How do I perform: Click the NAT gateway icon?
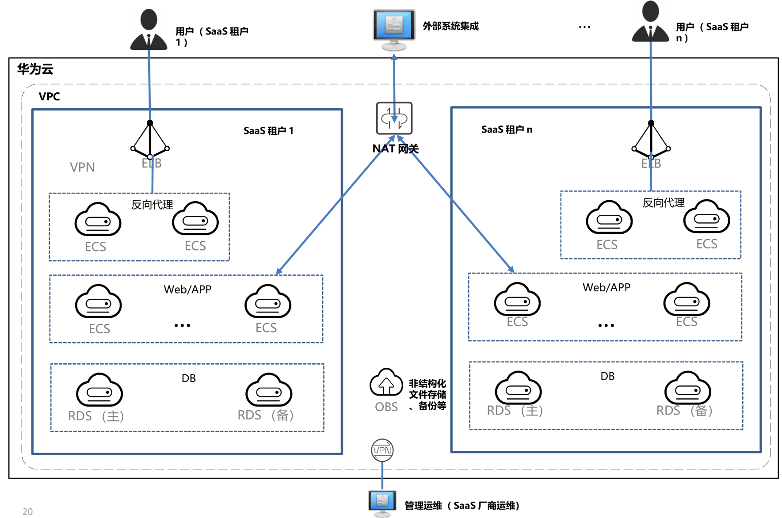tap(394, 118)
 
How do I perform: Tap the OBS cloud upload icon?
tap(386, 382)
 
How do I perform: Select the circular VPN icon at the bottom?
tap(382, 450)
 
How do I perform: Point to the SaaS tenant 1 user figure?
tap(149, 30)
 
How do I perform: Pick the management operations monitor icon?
tap(382, 503)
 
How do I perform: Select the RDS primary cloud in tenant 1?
tap(99, 390)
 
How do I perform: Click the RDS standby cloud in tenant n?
tap(687, 388)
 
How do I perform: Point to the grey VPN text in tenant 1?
tap(82, 167)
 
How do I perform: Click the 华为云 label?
tap(35, 69)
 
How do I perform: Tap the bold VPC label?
tap(49, 96)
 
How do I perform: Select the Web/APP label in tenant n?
tap(607, 287)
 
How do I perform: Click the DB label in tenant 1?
tap(188, 378)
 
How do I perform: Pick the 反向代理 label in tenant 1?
tap(152, 205)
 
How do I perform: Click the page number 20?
tap(27, 511)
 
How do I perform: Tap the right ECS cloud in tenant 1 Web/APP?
tap(267, 301)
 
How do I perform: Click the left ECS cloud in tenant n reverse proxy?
tap(609, 217)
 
